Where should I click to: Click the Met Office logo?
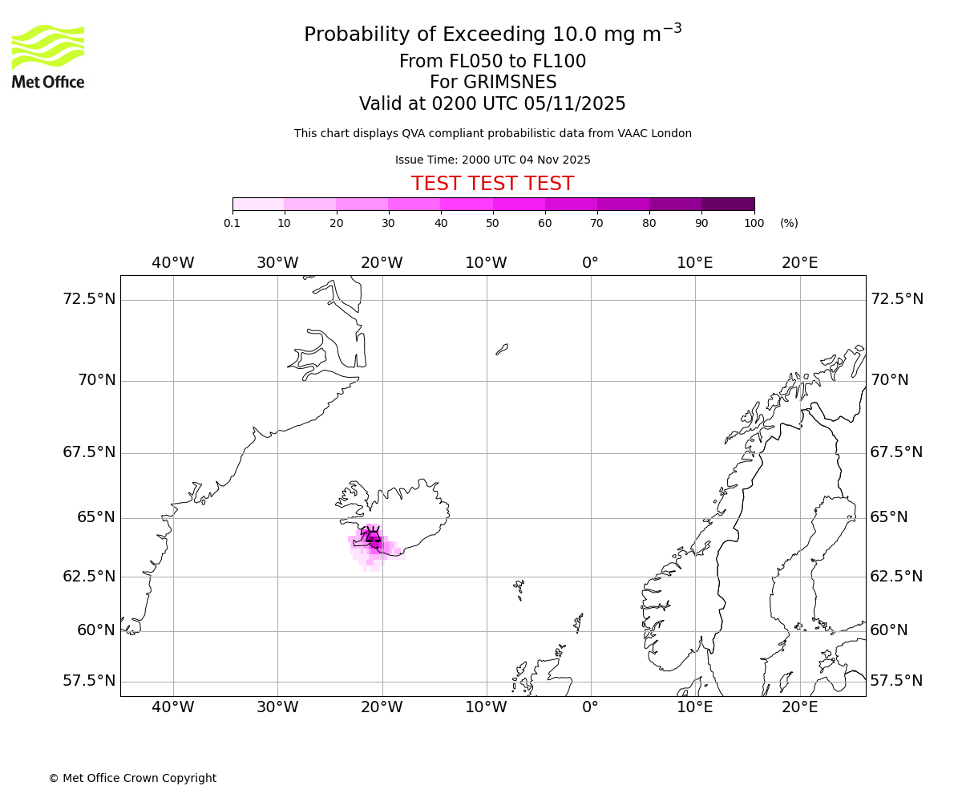click(48, 56)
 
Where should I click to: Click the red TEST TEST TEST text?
click(492, 184)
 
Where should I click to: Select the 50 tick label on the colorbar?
click(493, 223)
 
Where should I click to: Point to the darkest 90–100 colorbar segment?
click(728, 205)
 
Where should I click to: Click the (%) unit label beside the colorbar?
click(789, 223)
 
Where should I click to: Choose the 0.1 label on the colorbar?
click(232, 223)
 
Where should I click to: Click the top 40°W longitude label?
click(172, 263)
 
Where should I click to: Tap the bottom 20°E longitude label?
click(799, 707)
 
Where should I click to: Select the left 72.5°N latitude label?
click(89, 299)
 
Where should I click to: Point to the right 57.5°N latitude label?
click(896, 681)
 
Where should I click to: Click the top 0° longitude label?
click(590, 263)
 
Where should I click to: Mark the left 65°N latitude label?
click(96, 517)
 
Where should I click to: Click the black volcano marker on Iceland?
click(373, 536)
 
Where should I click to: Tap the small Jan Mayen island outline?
click(502, 349)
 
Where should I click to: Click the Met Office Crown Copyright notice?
click(132, 778)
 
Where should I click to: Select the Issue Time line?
click(492, 160)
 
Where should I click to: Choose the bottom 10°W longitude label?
click(486, 707)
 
